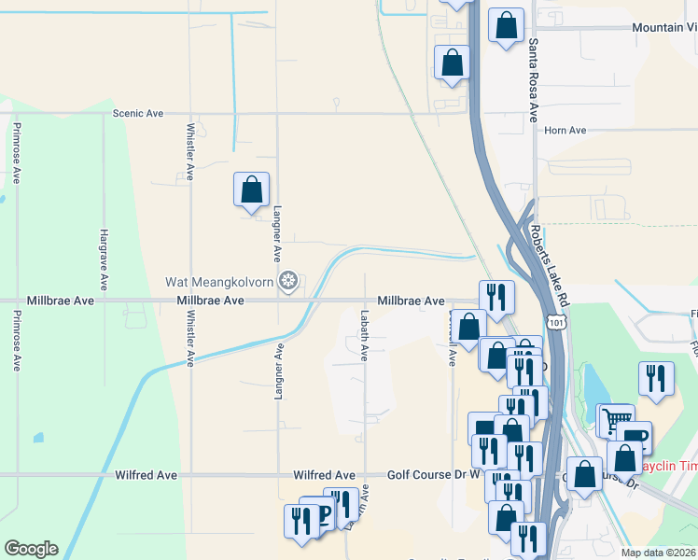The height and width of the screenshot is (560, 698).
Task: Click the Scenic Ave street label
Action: pyautogui.click(x=137, y=113)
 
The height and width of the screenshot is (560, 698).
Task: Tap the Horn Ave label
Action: pyautogui.click(x=565, y=130)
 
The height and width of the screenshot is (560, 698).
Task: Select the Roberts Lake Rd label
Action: pyautogui.click(x=549, y=267)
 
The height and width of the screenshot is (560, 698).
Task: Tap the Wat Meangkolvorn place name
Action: pyautogui.click(x=220, y=281)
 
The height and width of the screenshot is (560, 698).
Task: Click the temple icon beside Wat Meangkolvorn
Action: pyautogui.click(x=289, y=280)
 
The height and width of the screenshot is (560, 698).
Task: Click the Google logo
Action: pyautogui.click(x=31, y=549)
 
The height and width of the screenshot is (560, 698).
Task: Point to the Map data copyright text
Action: pyautogui.click(x=656, y=553)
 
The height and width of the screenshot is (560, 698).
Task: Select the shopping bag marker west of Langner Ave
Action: pyautogui.click(x=251, y=189)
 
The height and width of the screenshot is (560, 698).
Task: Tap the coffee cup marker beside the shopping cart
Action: pyautogui.click(x=635, y=437)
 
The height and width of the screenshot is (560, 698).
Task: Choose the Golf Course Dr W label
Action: pyautogui.click(x=427, y=475)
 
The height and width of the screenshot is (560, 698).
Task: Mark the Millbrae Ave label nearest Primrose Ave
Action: pyautogui.click(x=48, y=301)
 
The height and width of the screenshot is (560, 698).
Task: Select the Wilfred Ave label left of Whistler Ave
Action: pyautogui.click(x=146, y=475)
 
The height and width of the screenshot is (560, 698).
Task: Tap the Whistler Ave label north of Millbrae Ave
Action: pyautogui.click(x=190, y=150)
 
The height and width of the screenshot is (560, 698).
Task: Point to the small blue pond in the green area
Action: pyautogui.click(x=38, y=437)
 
